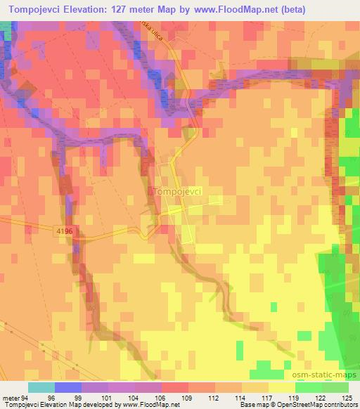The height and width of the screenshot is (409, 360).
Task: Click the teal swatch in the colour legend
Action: [41, 387]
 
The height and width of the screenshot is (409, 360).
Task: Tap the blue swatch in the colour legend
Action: [67, 387]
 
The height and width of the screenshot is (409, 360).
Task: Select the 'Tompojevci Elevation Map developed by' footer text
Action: [55, 404]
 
